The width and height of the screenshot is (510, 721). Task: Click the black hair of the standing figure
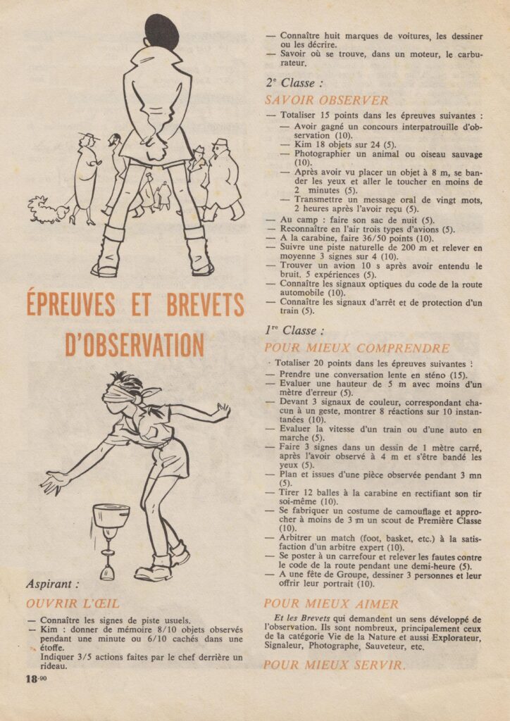[x=161, y=32]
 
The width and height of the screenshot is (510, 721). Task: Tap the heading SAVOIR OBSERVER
[x=327, y=101]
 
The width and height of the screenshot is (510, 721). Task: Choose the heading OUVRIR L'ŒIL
[x=73, y=603]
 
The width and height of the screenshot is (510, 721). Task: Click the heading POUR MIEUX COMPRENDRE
[x=356, y=348]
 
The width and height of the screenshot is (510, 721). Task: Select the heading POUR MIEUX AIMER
[x=331, y=603]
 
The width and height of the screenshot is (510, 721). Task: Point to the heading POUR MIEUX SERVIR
[x=335, y=665]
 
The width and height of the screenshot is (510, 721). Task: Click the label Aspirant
[x=53, y=584]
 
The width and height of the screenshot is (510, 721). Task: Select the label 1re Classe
[x=294, y=330]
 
